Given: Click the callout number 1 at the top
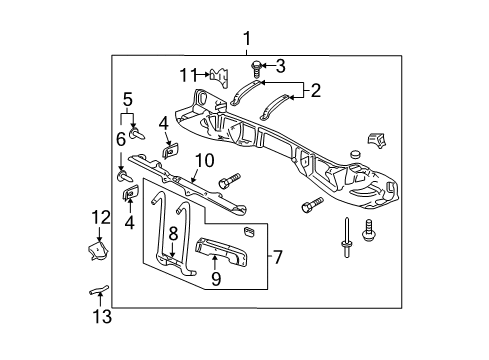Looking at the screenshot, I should click(246, 39).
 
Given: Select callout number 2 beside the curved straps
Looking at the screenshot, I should click(316, 92).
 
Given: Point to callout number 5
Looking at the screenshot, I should click(127, 99).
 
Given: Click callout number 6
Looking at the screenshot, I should click(122, 138).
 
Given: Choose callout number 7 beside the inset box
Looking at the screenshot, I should click(280, 258).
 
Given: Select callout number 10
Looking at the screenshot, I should click(204, 159).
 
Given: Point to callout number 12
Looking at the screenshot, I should click(99, 217).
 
